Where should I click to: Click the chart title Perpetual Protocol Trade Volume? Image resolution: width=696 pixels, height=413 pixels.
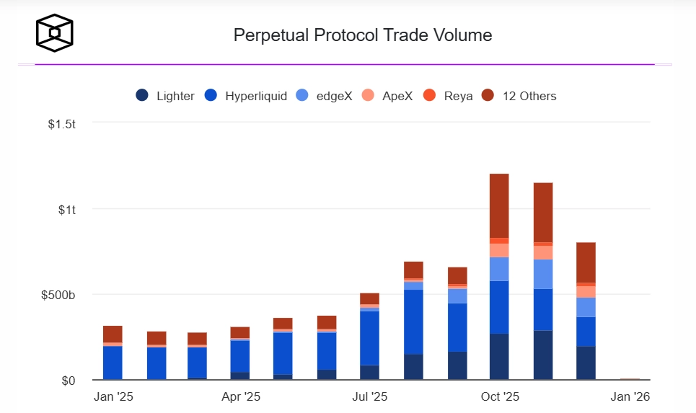tap(363, 35)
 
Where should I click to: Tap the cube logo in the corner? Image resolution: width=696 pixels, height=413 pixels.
tap(55, 32)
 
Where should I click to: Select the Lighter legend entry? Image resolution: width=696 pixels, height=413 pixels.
tap(165, 96)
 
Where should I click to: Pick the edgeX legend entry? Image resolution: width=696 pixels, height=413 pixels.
tap(325, 96)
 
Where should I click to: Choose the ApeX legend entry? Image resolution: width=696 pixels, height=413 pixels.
tap(389, 96)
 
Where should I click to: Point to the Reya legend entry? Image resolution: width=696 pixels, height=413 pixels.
tap(449, 96)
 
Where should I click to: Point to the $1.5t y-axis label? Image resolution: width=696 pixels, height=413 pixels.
tap(61, 125)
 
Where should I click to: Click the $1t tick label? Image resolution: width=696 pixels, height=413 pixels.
tap(67, 210)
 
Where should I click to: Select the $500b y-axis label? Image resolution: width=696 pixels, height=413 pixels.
tap(58, 295)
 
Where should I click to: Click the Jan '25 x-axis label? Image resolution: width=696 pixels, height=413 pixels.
tap(113, 396)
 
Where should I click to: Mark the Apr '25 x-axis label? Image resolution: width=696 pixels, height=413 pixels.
tap(241, 396)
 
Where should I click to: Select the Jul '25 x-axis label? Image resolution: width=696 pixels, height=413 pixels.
tap(369, 396)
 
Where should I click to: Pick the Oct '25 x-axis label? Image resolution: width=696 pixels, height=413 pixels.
tap(500, 396)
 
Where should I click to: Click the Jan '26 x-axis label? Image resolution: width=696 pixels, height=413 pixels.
tap(630, 396)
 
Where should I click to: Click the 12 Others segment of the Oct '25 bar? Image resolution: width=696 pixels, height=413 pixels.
tap(499, 205)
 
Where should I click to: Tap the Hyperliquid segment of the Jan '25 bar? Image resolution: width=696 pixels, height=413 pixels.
tap(113, 363)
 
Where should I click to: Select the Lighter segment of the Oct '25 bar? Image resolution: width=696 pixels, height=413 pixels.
tap(499, 356)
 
